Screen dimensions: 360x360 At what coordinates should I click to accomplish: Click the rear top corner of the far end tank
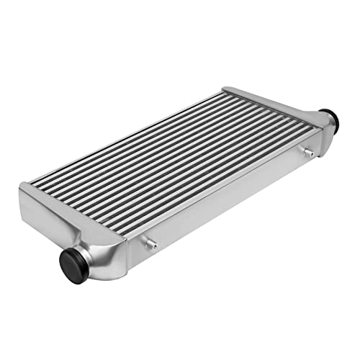[225, 89]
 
